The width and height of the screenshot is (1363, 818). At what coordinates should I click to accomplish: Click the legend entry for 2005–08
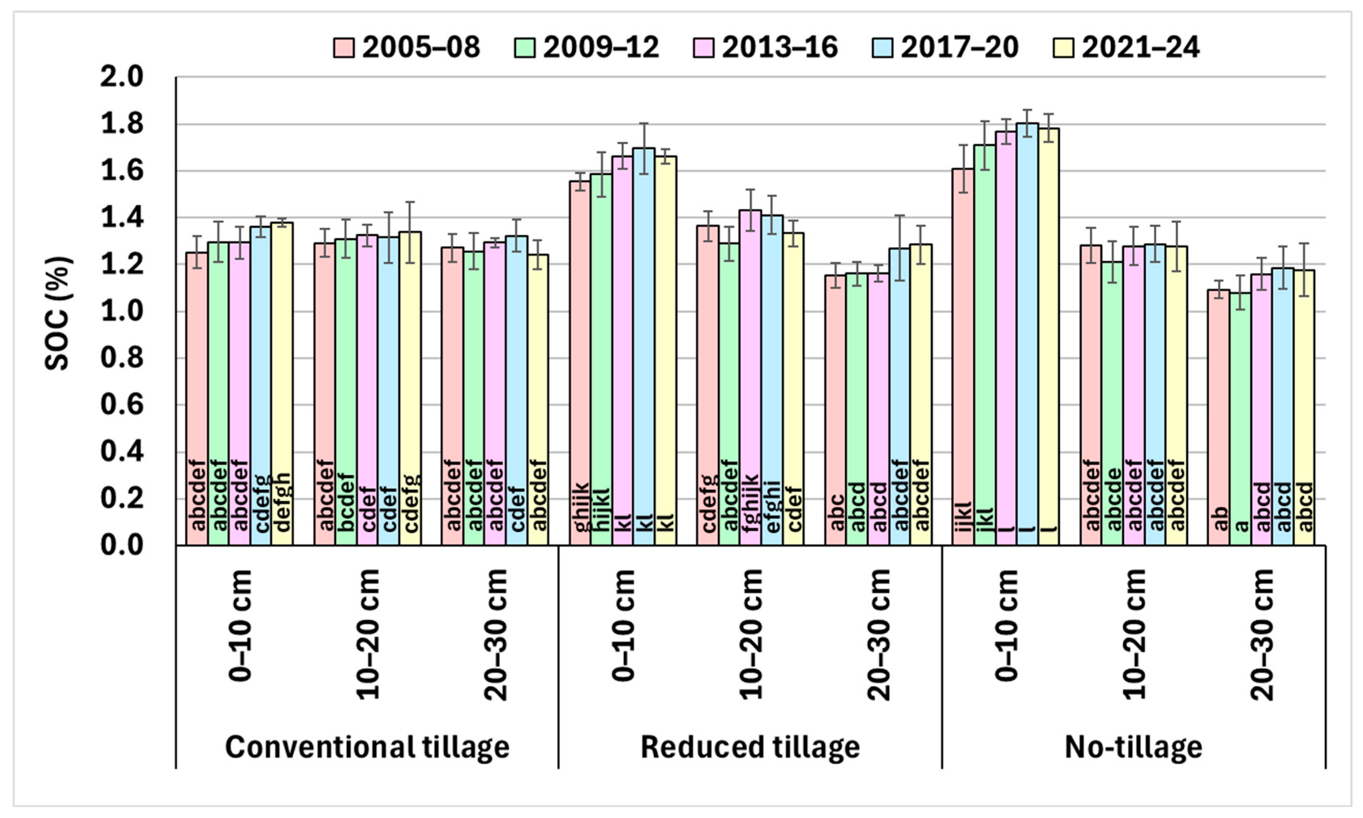[x=406, y=47]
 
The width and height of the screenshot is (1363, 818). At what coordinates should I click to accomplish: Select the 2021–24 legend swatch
[x=1063, y=47]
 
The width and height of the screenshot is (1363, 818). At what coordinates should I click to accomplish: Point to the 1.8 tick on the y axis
[x=121, y=124]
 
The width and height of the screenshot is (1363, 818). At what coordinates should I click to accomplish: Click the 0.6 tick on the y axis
[x=121, y=405]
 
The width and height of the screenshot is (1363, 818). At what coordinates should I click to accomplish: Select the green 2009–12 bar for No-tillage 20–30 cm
[x=1241, y=419]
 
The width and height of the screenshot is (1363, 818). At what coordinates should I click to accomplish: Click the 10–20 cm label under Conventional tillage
[x=367, y=634]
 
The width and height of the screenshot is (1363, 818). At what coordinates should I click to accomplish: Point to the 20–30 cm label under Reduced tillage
[x=878, y=634]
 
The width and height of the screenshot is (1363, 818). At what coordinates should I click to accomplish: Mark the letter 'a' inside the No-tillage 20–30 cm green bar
[x=1241, y=526]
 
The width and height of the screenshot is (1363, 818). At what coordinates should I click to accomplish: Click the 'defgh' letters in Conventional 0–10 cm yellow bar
[x=282, y=502]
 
